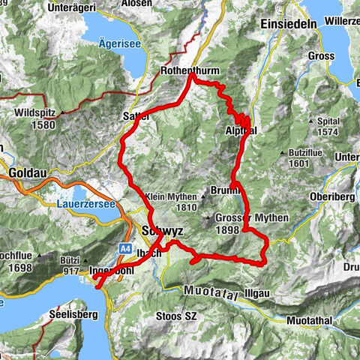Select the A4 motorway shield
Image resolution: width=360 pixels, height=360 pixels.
pyautogui.click(x=122, y=247)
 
